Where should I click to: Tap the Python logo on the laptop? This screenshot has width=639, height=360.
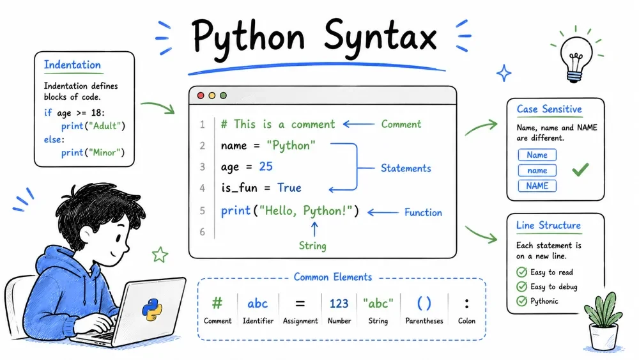click(152, 309)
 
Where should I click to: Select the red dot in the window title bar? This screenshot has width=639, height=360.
click(201, 95)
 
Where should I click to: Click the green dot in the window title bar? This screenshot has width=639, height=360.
click(223, 95)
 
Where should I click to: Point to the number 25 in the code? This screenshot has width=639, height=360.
click(266, 166)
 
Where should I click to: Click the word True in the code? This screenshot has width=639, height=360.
click(289, 187)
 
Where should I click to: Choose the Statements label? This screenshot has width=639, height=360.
click(406, 168)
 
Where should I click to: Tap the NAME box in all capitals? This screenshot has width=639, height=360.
click(537, 186)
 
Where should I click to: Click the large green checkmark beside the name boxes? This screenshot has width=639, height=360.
click(580, 169)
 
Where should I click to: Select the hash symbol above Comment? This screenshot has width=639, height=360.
click(217, 303)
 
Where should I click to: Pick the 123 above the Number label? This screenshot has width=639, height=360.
click(339, 304)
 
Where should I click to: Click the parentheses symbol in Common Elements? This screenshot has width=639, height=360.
click(424, 303)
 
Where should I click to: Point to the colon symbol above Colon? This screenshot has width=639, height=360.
click(466, 304)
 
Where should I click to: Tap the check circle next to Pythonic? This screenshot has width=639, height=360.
click(521, 301)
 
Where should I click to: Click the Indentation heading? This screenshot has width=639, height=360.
click(72, 65)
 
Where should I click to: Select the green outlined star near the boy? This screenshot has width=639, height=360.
click(160, 254)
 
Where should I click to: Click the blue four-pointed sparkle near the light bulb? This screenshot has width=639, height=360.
click(504, 73)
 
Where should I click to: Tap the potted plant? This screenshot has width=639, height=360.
click(603, 322)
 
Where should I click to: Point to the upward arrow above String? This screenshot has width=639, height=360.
click(314, 229)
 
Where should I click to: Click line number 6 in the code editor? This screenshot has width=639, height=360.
click(202, 231)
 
